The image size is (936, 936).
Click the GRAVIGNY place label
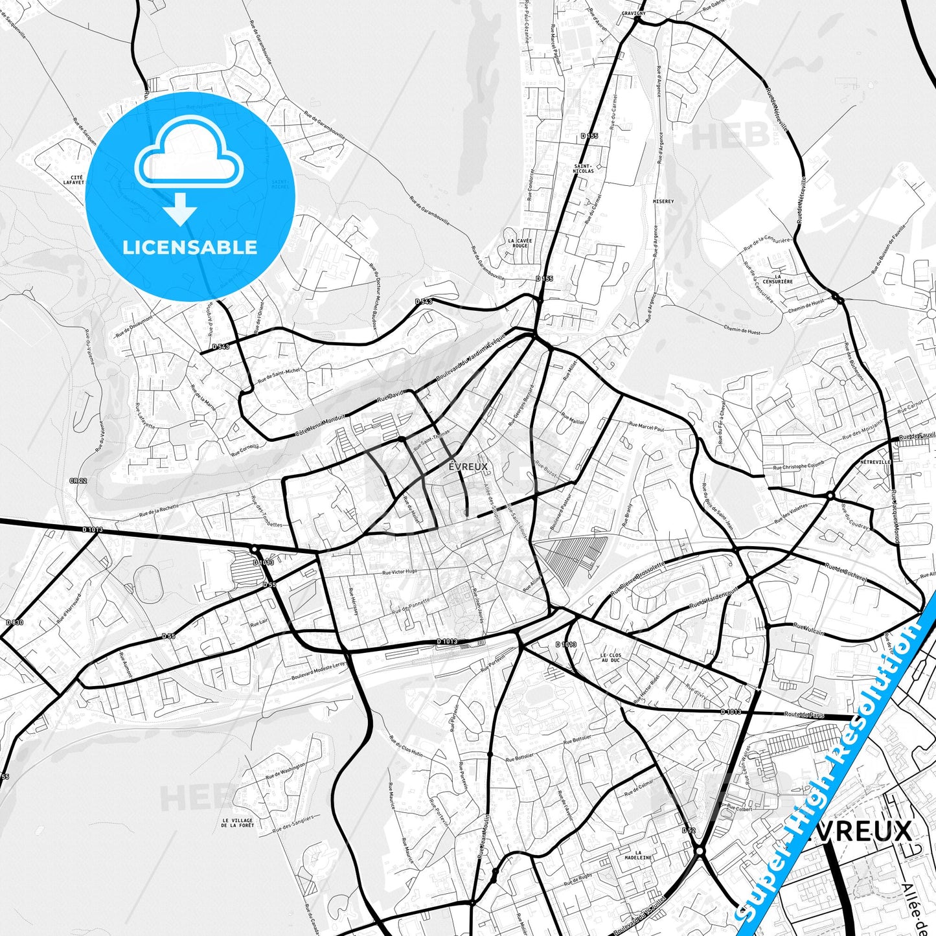633,13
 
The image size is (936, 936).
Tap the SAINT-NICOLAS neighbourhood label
584,168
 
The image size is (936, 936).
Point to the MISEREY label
663,201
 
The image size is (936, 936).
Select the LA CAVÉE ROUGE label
520,243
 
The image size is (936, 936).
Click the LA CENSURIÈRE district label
778,279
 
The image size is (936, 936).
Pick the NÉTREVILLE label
876,462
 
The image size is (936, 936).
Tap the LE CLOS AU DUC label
610,657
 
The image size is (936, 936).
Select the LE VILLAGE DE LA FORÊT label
237,823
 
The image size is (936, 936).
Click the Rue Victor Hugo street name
400,572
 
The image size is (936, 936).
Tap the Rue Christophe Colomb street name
799,466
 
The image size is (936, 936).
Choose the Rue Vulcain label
809,628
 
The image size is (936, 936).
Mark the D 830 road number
14,622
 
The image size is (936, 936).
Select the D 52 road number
688,830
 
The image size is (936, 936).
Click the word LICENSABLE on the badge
190,247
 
